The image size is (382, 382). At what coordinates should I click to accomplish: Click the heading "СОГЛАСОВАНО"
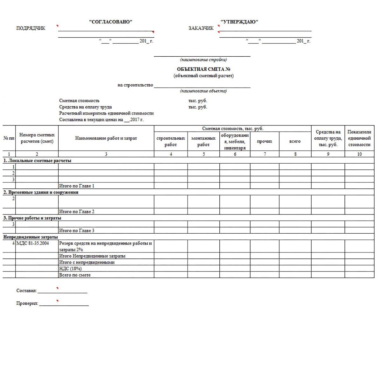coord(110,22)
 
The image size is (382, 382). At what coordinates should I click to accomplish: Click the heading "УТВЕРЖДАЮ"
coord(239,22)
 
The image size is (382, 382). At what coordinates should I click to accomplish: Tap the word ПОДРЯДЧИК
coord(31,28)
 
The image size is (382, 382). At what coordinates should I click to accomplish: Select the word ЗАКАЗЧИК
coord(201,28)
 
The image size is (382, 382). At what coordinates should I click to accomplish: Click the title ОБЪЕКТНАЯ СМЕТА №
coord(204,69)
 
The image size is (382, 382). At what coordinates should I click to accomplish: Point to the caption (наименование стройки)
coord(203,60)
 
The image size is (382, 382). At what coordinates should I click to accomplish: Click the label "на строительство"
coord(135,85)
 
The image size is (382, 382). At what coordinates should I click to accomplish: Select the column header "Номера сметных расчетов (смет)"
coord(37,138)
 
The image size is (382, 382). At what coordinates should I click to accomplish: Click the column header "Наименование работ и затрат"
coord(106,138)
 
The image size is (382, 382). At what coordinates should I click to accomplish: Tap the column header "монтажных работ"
coord(203,141)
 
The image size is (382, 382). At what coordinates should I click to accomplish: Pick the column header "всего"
coord(295,141)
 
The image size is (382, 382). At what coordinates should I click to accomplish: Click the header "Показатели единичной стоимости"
coord(359,138)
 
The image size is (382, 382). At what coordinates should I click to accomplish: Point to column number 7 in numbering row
coord(265,154)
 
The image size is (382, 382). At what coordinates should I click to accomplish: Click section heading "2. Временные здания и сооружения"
coord(41,192)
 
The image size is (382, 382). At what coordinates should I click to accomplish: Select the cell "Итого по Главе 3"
coord(77,230)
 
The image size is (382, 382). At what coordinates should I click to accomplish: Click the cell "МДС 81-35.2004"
coord(33,243)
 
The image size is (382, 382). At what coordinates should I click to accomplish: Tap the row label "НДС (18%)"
coord(70,269)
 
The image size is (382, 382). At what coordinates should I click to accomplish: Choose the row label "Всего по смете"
coord(75,275)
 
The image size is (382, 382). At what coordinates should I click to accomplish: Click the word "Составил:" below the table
coord(26,291)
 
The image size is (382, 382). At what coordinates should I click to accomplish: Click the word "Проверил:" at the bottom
coord(27,303)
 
